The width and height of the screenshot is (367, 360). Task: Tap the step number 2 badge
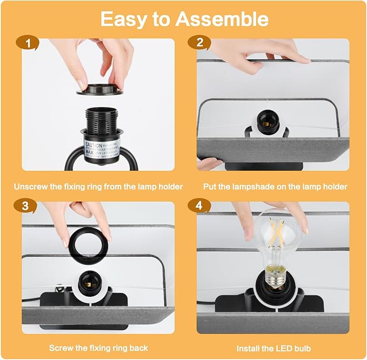click(x=200, y=43)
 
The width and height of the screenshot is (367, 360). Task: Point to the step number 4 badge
click(x=200, y=206)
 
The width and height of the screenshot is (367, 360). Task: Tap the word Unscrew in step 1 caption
click(x=31, y=187)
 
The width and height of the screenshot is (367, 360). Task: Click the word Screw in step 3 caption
click(x=61, y=348)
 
